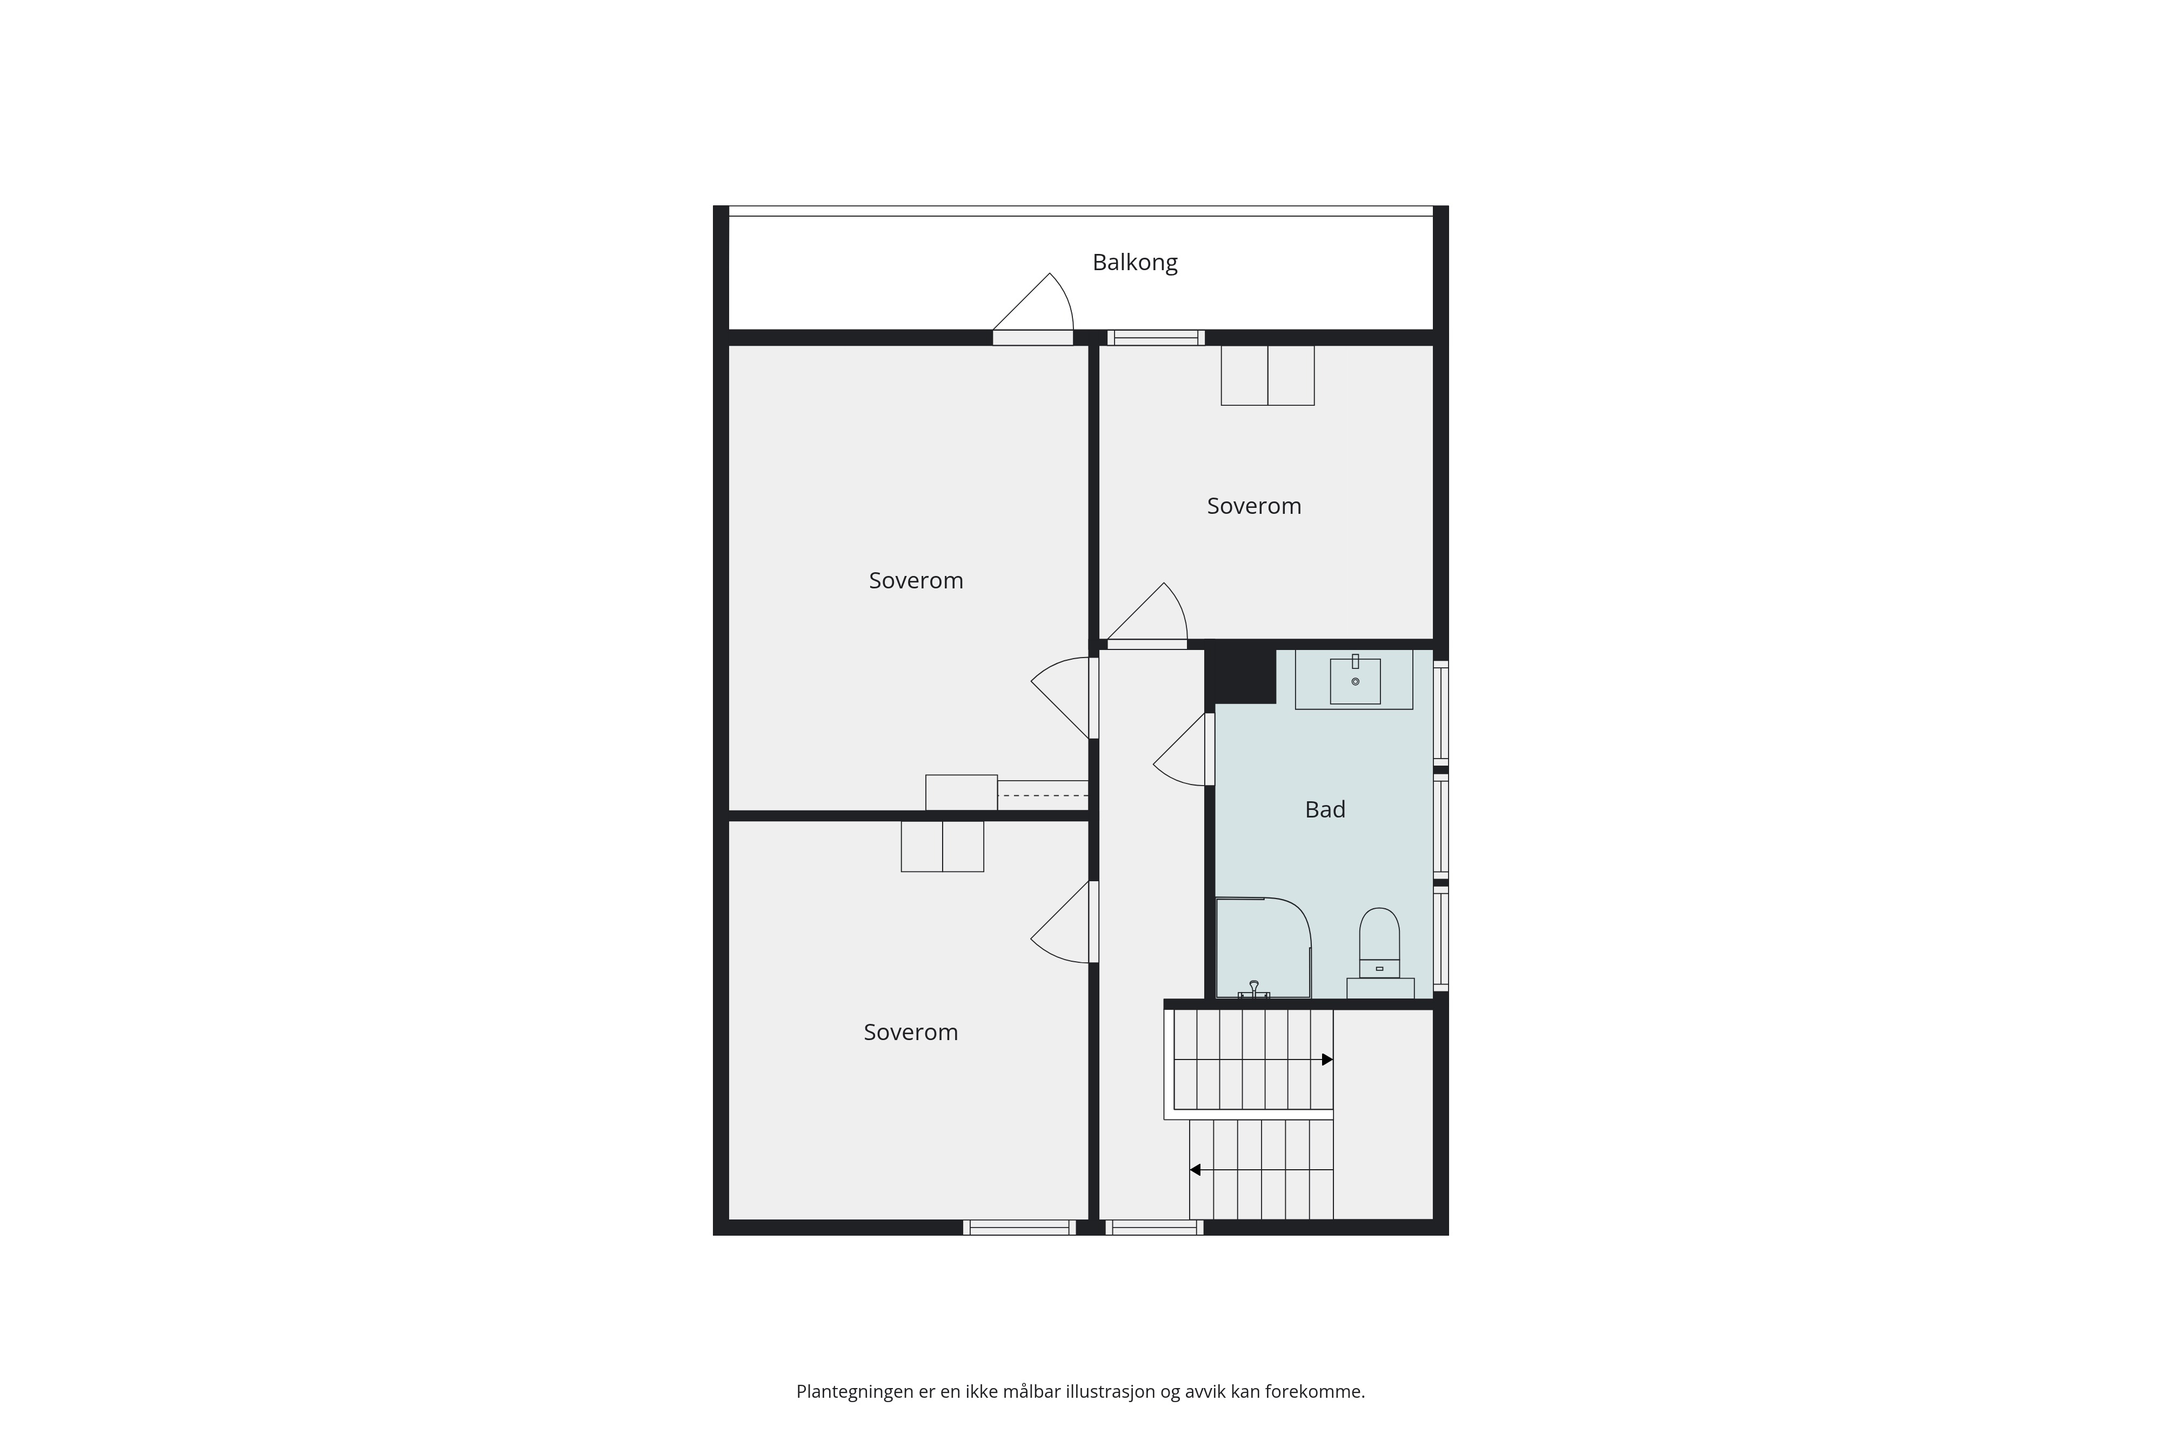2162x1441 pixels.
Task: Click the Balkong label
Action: (x=1135, y=263)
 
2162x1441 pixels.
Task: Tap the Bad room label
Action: (x=1325, y=809)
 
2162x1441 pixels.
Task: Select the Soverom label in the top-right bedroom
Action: (x=1254, y=506)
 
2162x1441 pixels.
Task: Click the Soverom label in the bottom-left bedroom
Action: (x=910, y=1033)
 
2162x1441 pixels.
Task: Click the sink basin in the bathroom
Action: (x=1355, y=680)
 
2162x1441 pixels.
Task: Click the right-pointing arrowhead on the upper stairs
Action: (x=1327, y=1060)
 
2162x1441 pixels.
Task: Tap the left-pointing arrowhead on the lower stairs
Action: (x=1195, y=1170)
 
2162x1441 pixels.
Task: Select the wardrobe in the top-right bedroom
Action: (x=1267, y=375)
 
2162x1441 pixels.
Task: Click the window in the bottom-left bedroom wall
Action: (x=1019, y=1227)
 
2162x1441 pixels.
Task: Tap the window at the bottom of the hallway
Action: (x=1155, y=1227)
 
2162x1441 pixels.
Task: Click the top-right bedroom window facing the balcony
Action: (x=1156, y=337)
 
